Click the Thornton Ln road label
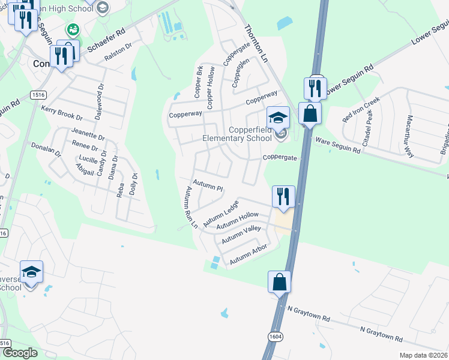255,45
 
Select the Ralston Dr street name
118,52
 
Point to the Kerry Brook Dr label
61,112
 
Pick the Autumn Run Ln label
191,208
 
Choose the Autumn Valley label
241,235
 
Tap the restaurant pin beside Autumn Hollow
283,196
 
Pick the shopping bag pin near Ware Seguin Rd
310,113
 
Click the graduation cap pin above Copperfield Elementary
279,117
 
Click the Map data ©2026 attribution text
423,355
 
